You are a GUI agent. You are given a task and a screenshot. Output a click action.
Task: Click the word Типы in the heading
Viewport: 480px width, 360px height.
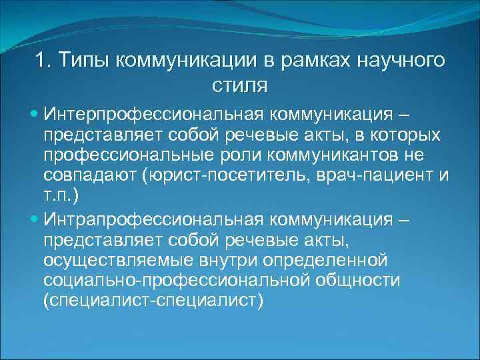pos(85,61)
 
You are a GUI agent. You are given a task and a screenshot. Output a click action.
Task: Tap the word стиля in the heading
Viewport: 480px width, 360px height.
pos(240,86)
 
